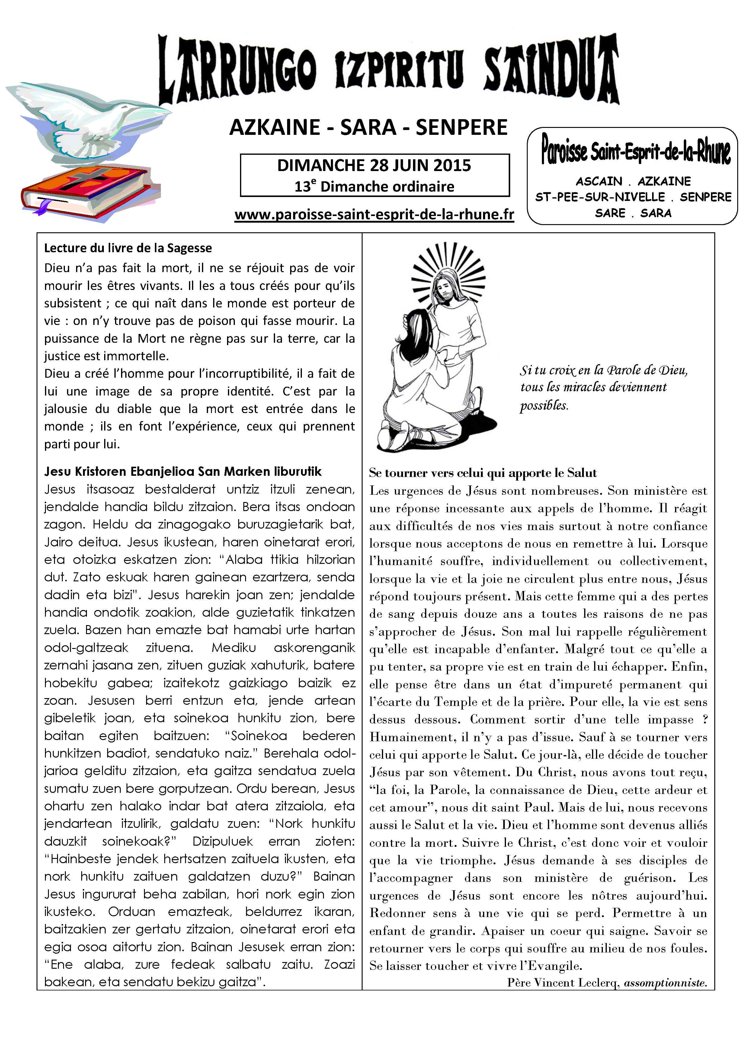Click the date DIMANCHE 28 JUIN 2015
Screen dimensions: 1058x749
click(374, 165)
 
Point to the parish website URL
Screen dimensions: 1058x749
click(374, 215)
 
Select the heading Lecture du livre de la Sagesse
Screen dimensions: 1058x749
click(128, 248)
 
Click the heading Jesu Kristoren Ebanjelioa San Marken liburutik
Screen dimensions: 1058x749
click(183, 472)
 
